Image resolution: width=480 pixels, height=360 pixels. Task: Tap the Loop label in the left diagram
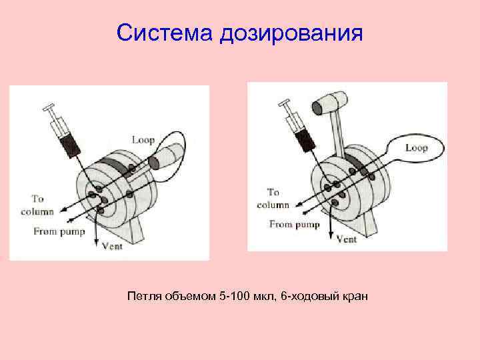click(x=143, y=140)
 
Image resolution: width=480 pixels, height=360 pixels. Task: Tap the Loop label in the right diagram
click(x=415, y=148)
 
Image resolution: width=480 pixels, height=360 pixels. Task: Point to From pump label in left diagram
click(x=58, y=231)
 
